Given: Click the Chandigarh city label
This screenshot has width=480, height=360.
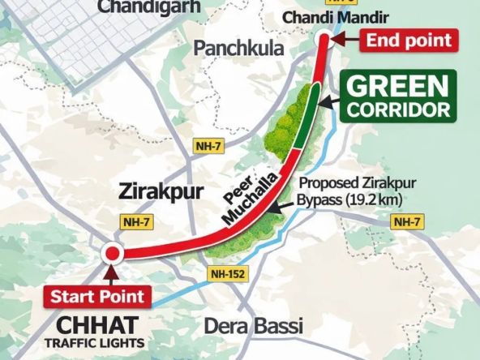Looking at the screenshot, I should [139, 6].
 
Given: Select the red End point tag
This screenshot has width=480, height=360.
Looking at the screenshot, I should [409, 41].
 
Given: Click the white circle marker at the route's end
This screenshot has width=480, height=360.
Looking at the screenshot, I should [323, 37].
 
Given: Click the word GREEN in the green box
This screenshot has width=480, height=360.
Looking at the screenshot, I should [396, 87].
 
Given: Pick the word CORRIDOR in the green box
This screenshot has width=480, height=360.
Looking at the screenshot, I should [396, 109].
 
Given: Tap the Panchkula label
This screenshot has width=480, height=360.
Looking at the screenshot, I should [238, 49].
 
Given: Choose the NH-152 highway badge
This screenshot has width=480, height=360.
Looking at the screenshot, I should [226, 274].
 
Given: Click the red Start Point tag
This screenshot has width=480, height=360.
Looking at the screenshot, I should [97, 297].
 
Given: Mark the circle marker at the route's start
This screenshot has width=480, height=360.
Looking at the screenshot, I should [112, 254].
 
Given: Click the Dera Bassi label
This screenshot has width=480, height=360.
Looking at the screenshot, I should [253, 327].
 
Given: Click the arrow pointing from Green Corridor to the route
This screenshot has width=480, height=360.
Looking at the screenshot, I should [328, 102].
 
